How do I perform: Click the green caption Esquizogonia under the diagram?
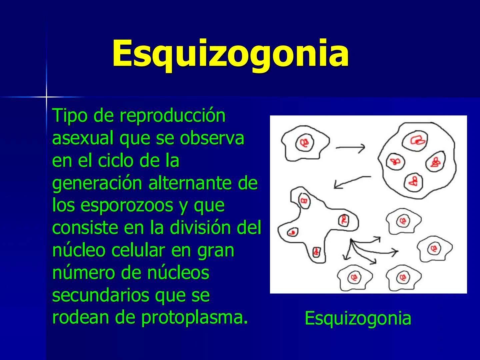[358, 318]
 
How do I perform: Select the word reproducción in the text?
[172, 116]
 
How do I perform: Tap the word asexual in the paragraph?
[83, 138]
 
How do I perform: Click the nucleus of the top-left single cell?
[304, 143]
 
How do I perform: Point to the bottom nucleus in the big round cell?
[414, 181]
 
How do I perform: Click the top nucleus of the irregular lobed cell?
[304, 201]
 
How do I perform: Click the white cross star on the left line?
[46, 97]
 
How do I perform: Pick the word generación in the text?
[97, 183]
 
